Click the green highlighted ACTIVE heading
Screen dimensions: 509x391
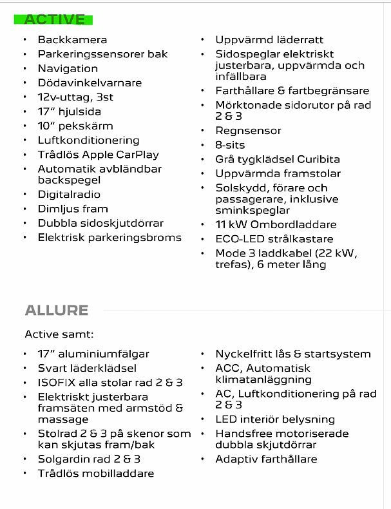coord(54,19)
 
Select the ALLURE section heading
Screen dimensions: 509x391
coord(56,310)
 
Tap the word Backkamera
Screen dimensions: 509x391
coord(72,40)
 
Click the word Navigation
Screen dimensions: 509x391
coord(68,68)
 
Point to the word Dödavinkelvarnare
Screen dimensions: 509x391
coord(90,82)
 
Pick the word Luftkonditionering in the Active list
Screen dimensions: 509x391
coord(88,140)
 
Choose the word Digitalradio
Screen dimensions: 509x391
coord(69,194)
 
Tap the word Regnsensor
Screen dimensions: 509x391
coord(248,130)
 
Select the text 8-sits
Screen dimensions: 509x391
coord(230,144)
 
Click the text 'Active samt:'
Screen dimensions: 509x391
coord(59,334)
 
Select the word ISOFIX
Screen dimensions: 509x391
coord(56,382)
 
